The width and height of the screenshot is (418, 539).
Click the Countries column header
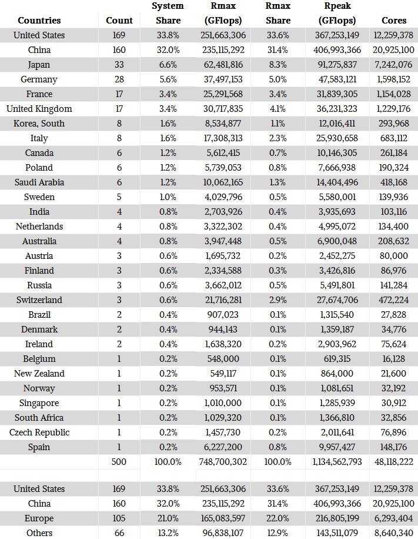tap(39, 20)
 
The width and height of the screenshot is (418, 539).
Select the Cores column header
tap(394, 20)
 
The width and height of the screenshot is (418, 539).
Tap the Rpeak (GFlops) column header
tap(337, 13)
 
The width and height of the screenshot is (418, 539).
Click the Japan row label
tap(39, 65)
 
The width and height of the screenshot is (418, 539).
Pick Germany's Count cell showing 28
tap(119, 79)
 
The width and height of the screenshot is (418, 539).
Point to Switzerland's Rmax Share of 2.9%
tap(278, 300)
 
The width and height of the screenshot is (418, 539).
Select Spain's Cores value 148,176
tap(394, 447)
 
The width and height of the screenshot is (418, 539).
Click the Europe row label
tap(39, 518)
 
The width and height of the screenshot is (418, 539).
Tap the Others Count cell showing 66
tap(119, 533)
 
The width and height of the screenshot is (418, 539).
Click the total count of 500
tap(119, 462)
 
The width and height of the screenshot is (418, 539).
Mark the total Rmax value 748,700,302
tap(223, 462)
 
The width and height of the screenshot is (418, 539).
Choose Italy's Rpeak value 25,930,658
tap(337, 138)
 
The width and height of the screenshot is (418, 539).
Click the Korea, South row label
tap(39, 124)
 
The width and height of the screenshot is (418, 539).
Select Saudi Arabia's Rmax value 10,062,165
tap(223, 182)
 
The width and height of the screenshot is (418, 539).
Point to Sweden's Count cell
tap(119, 197)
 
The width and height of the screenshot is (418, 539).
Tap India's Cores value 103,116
tap(394, 212)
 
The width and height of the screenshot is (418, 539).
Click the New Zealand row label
tap(39, 374)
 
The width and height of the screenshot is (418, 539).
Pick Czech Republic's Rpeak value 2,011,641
tap(337, 432)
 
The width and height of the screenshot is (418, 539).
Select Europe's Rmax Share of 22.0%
tap(278, 518)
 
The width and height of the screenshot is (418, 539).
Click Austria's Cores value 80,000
tap(394, 256)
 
